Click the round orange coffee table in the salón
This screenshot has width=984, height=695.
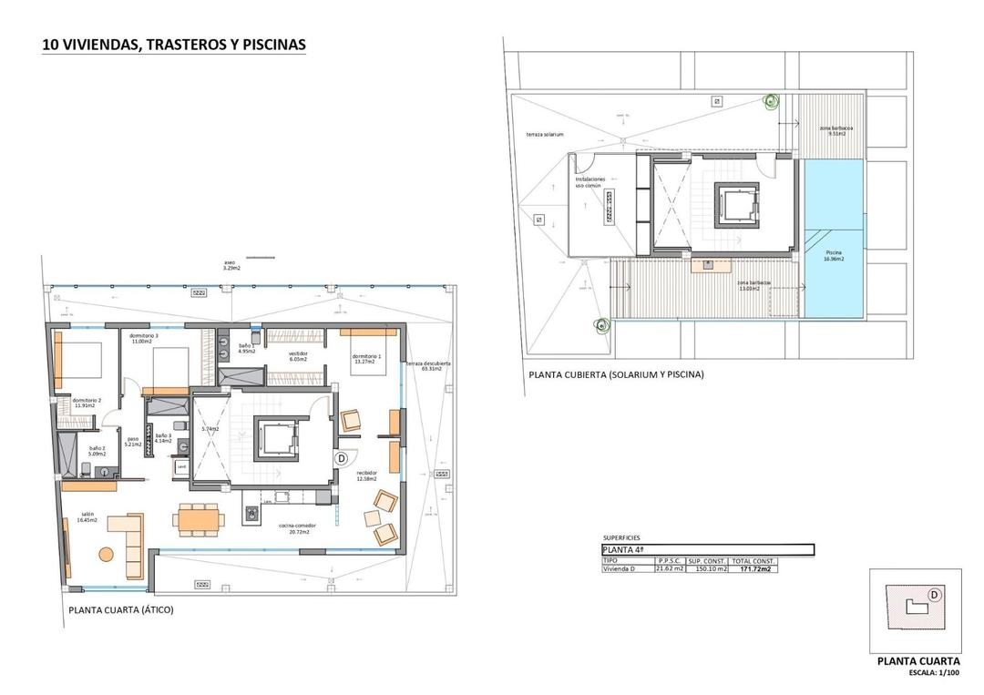[x=106, y=553]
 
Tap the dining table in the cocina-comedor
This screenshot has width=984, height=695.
[x=199, y=517]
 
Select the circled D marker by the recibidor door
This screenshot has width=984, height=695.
[x=342, y=459]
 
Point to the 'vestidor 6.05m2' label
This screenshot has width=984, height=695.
[x=298, y=356]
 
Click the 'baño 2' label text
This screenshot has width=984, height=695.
[x=97, y=450]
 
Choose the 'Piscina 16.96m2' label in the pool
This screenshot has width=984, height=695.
[x=834, y=255]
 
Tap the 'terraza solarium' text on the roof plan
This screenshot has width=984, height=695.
[x=545, y=134]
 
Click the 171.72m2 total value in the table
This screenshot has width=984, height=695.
[x=752, y=569]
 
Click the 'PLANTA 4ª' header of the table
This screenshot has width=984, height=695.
[x=624, y=550]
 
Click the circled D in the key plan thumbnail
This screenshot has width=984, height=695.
[x=934, y=595]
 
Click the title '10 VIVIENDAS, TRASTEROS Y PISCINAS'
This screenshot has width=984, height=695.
[x=173, y=44]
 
